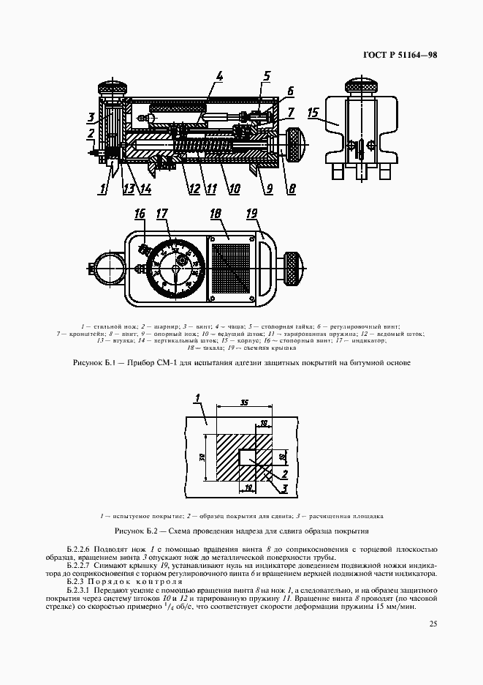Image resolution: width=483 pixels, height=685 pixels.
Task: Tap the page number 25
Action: [433, 624]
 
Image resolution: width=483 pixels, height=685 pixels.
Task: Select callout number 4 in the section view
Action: [220, 76]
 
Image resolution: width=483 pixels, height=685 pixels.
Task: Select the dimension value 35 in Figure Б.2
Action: [243, 403]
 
